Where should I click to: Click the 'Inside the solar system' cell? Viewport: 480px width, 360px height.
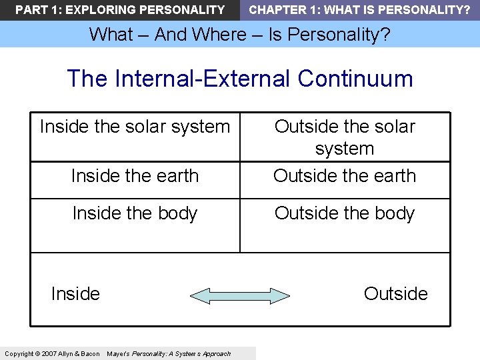click(135, 127)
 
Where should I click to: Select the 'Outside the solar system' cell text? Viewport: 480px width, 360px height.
click(345, 137)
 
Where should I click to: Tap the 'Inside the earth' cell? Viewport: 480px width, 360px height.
click(135, 176)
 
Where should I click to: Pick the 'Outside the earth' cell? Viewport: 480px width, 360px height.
click(345, 176)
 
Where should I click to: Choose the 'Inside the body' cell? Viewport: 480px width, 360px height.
click(135, 213)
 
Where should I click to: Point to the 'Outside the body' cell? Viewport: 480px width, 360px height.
click(345, 213)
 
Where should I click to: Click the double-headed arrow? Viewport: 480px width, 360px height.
click(240, 295)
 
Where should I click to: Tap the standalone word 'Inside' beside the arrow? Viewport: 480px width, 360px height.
click(75, 294)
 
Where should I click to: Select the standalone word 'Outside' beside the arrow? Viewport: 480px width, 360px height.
click(395, 294)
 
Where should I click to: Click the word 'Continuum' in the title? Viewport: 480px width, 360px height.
click(355, 79)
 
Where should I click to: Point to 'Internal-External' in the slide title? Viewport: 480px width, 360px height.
click(203, 79)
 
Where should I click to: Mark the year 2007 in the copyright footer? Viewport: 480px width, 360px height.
click(49, 353)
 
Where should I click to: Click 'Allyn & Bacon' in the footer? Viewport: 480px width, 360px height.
click(81, 353)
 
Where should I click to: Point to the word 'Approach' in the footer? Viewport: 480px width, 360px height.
click(217, 353)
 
